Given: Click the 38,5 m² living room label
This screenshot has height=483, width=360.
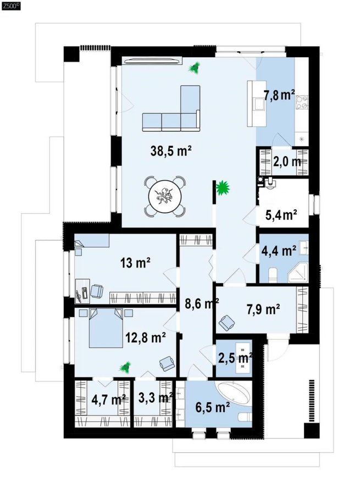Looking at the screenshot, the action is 171,151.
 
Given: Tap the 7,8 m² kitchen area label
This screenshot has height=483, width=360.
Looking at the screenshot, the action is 279,95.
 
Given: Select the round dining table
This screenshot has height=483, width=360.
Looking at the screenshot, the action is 165,196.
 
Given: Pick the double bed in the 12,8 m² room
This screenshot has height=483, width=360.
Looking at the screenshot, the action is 106,327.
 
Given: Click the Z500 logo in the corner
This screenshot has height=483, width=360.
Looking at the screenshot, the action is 11,6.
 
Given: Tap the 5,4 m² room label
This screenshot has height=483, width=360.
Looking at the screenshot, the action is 281,215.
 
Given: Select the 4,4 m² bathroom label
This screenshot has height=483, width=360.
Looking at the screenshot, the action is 279,251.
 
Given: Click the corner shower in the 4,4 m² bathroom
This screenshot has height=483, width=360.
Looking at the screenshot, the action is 298,273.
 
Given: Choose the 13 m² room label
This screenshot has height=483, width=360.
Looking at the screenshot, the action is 136,263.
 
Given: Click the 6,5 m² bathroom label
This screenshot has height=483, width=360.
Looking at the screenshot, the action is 213,408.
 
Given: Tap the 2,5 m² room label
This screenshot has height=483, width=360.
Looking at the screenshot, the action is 235,358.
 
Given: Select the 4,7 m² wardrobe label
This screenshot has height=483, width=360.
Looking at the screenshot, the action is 108,399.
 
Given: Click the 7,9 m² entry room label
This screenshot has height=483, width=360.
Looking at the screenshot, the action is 263,309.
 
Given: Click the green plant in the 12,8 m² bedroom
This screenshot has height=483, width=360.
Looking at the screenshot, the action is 125,367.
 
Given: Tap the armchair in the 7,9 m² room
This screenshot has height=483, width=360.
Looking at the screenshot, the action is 227,323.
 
